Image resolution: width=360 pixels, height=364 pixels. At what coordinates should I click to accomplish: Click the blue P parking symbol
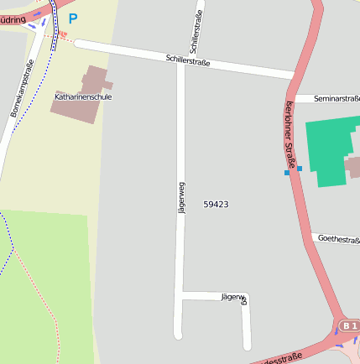coord(73,18)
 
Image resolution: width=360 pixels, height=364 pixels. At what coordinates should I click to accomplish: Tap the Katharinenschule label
coord(83,97)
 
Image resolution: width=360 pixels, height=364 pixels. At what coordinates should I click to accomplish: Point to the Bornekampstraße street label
coord(22,88)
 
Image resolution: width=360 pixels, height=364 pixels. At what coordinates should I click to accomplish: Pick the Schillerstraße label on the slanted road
coord(188,60)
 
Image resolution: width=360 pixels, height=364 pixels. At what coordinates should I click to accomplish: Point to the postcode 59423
coord(216,205)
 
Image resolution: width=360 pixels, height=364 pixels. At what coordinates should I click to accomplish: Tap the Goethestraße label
coord(338,239)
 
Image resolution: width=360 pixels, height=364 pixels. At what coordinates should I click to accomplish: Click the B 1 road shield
coord(349,325)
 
